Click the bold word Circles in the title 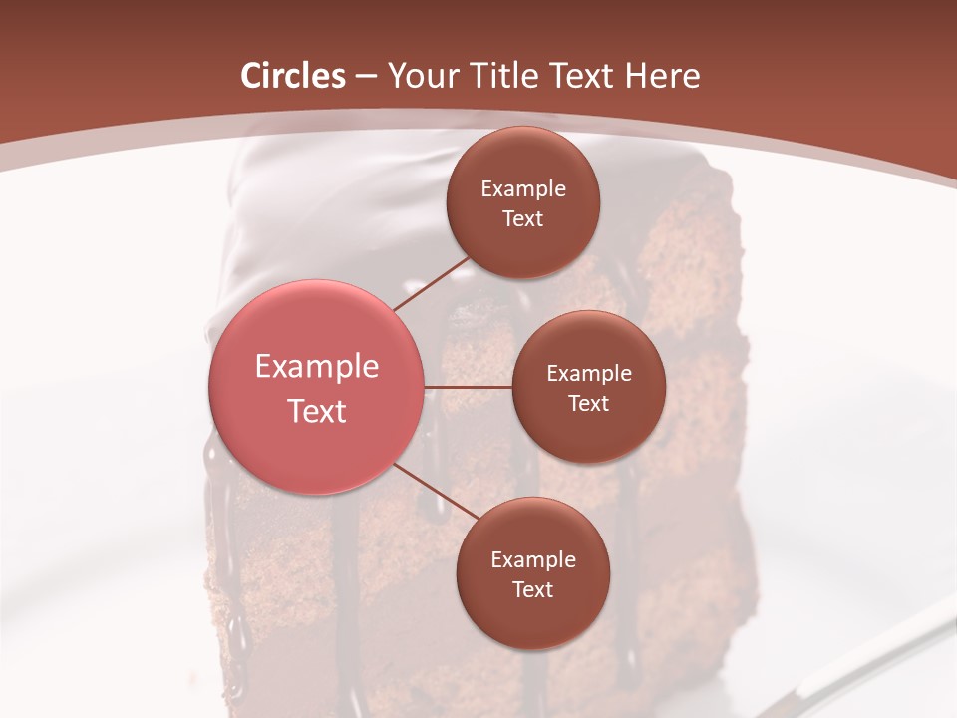tap(293, 76)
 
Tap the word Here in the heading tap(662, 76)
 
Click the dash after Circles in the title tap(366, 77)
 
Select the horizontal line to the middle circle tap(469, 386)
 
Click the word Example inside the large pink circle tap(317, 367)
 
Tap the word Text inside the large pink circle tap(317, 411)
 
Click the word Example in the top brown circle tap(522, 189)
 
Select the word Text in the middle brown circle tap(588, 403)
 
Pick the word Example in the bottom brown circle tap(532, 560)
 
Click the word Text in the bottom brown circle tap(532, 589)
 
